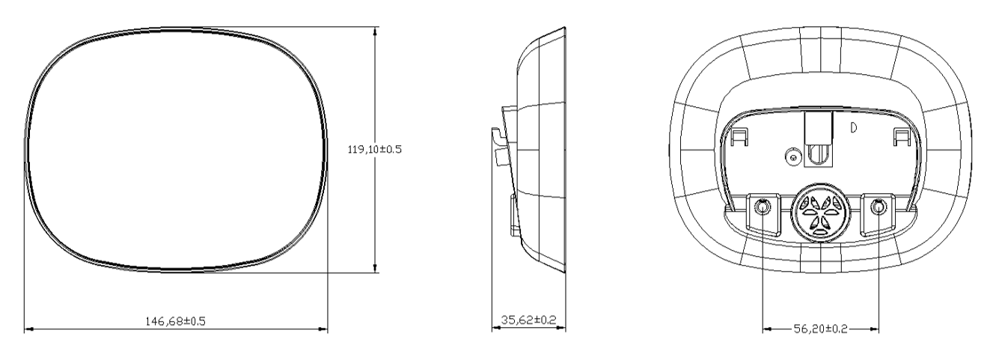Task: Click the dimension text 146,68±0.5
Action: click(175, 321)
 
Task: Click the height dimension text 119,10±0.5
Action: click(375, 149)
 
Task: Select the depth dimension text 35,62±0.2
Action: click(528, 320)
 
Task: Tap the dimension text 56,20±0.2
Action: click(820, 329)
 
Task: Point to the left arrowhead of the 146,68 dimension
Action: click(28, 329)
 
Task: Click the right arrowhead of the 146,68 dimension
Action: click(323, 329)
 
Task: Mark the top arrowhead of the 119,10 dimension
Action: click(375, 31)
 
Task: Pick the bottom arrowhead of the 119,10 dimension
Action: click(375, 268)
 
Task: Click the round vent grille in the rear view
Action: click(821, 213)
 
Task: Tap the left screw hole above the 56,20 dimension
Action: click(763, 207)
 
